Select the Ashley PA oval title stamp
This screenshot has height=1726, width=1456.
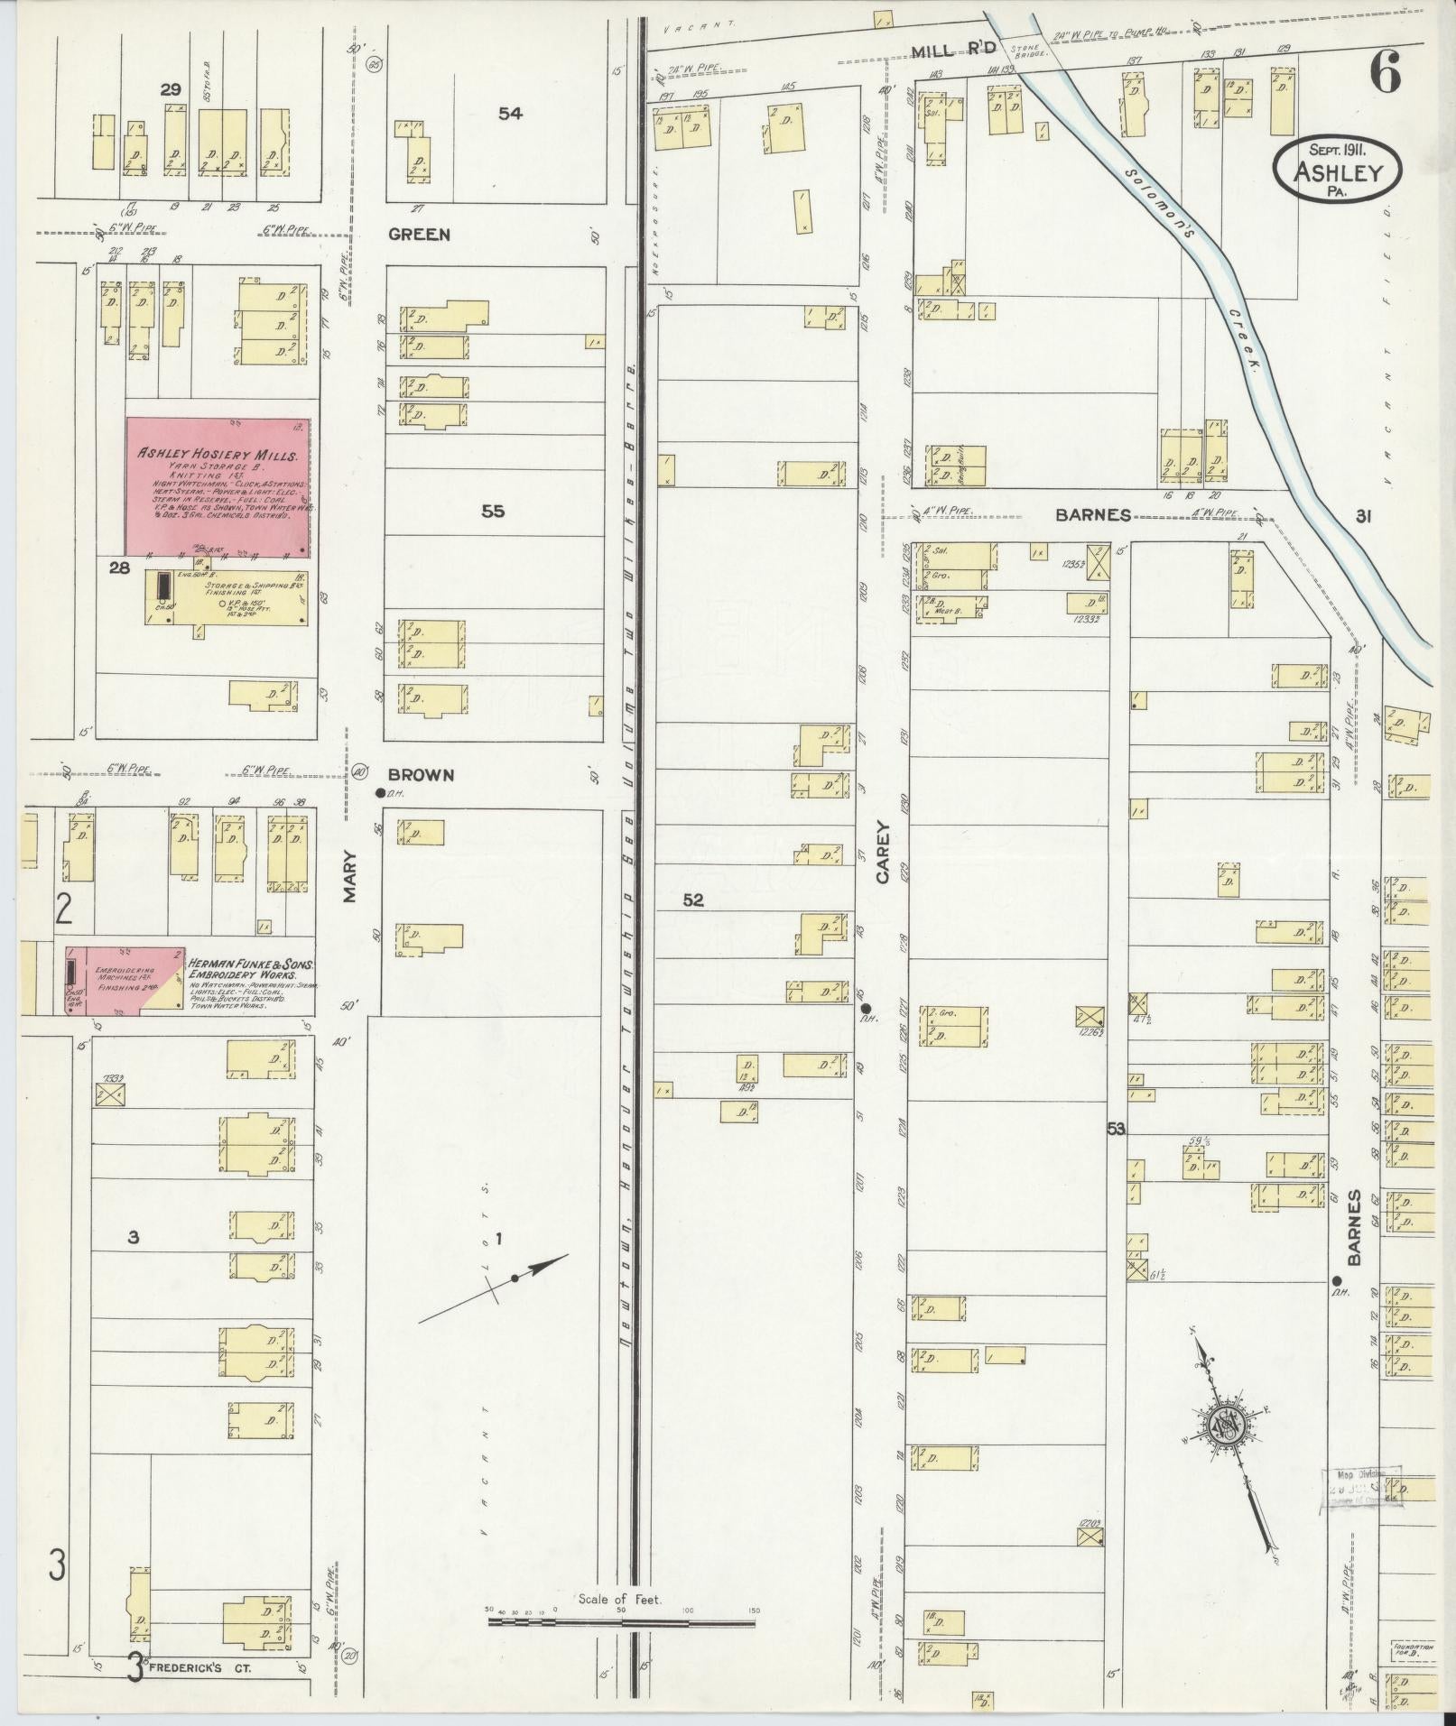1338,164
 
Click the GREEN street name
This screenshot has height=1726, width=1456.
419,235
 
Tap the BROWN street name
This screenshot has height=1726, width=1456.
421,774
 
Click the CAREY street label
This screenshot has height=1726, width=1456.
882,852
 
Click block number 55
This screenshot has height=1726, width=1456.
493,512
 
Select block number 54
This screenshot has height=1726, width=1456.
510,114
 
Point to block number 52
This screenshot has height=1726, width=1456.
693,900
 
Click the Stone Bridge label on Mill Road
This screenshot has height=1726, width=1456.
1029,51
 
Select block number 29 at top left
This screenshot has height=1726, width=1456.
171,89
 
